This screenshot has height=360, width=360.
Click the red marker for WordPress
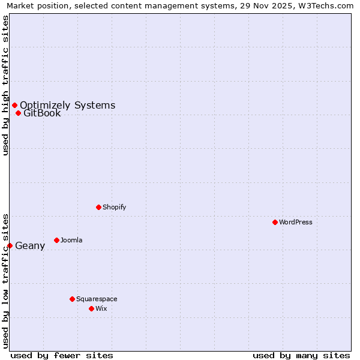coord(275,222)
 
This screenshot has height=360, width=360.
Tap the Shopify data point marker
coord(98,207)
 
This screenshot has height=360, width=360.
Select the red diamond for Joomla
coord(56,240)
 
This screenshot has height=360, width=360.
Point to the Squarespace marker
coord(72,299)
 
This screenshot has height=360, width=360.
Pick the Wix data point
coord(91,308)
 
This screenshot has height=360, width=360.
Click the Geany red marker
coord(10,245)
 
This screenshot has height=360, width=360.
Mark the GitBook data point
coord(18,113)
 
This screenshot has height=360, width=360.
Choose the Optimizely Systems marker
coord(14,106)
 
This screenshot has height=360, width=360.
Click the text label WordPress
coord(296,222)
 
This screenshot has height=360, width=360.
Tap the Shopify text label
coord(114,207)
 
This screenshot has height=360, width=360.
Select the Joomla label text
coord(71,240)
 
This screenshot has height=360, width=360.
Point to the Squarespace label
coord(97,299)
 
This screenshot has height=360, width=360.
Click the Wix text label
coord(101,308)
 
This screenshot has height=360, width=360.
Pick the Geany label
coord(30,245)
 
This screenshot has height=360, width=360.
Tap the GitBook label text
coord(42,113)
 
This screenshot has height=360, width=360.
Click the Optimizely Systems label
coord(67,106)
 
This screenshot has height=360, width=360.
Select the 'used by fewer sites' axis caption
coord(62,355)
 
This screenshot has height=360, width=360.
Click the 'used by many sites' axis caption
coord(301,355)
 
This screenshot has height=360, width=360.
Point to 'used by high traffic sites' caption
coord(5,85)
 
